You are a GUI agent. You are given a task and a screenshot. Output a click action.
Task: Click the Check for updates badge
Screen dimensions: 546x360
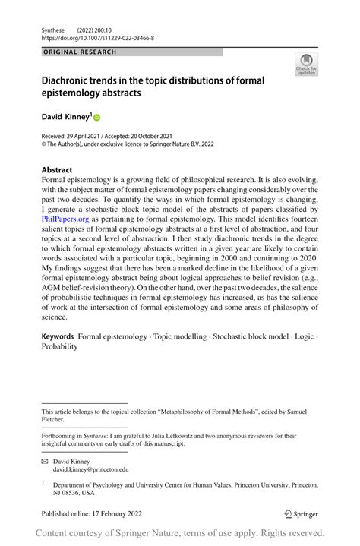point(305,65)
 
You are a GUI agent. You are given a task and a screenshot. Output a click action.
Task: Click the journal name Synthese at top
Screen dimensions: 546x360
point(55,29)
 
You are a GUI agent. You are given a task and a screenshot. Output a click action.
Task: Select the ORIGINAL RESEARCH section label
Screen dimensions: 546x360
point(80,52)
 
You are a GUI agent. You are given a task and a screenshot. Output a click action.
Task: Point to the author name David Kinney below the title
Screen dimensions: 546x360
point(65,117)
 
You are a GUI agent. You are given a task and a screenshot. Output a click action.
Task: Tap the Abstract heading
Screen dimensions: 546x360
point(57,169)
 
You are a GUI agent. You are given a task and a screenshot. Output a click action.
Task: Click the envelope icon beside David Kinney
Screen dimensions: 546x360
point(45,461)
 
